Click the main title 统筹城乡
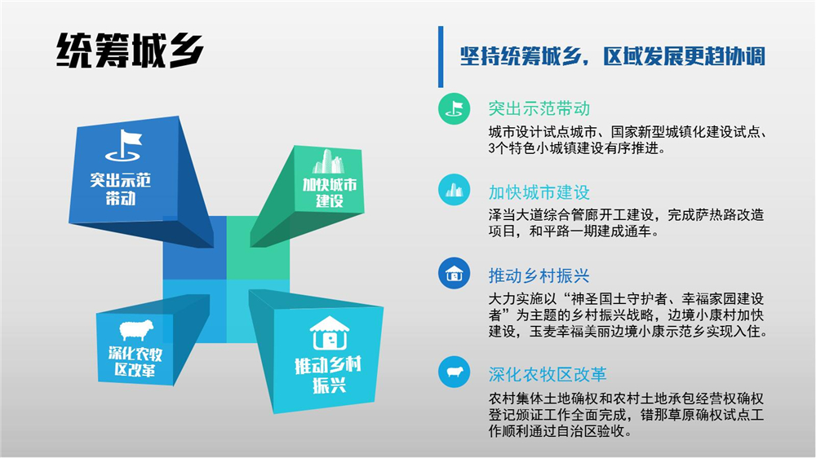tap(130, 51)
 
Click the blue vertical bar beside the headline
tap(441, 57)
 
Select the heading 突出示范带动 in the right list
tap(539, 108)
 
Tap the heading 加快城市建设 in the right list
tap(539, 192)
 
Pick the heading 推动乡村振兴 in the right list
tap(539, 275)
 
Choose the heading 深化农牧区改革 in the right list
tap(548, 374)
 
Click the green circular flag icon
tap(454, 108)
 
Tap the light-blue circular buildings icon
tap(454, 190)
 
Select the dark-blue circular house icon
tap(454, 274)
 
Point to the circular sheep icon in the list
tap(454, 372)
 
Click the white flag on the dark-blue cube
tap(123, 145)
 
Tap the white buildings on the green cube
tap(328, 161)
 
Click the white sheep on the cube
tap(136, 330)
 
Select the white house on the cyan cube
tap(329, 333)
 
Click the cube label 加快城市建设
tap(330, 193)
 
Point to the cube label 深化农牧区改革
tap(135, 362)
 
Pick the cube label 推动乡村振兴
tap(328, 375)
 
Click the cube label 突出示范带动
tap(121, 189)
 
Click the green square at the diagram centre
tap(258, 248)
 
